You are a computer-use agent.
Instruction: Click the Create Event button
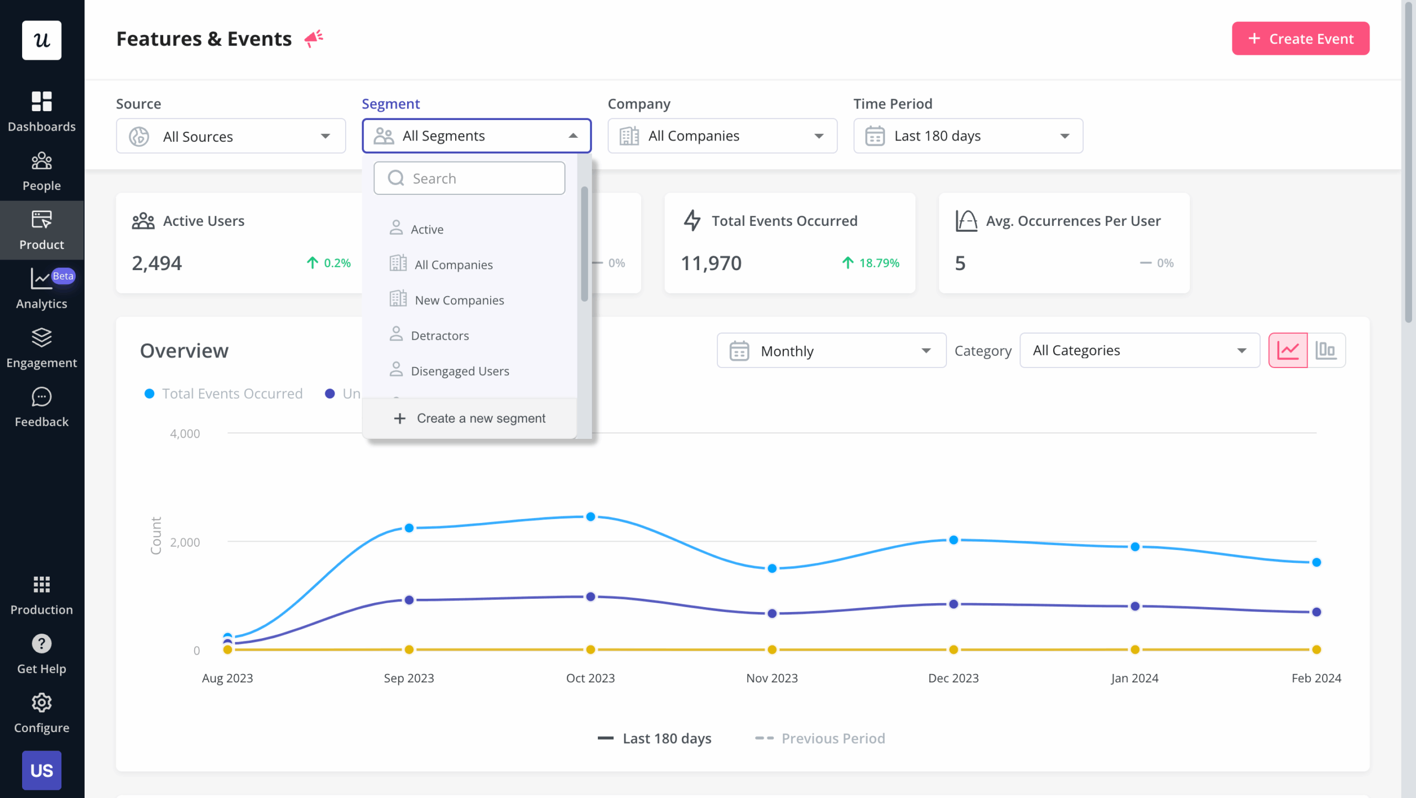(x=1300, y=39)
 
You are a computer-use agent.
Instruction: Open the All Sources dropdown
(x=231, y=136)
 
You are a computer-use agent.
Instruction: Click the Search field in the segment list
(x=470, y=178)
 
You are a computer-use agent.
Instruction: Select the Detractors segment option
(x=440, y=335)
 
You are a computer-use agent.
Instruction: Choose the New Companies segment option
(x=459, y=300)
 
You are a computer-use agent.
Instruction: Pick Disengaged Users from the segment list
(x=460, y=371)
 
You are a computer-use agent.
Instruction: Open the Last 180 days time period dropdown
(x=967, y=136)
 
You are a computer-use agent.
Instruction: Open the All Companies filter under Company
(x=722, y=136)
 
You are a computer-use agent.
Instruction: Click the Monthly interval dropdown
(x=831, y=351)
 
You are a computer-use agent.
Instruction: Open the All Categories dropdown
(x=1139, y=351)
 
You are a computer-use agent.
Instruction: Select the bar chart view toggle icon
(x=1326, y=350)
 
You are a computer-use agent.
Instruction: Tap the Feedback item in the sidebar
(x=41, y=407)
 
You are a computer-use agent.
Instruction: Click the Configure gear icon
(x=41, y=703)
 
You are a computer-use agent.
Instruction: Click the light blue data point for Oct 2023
(x=591, y=517)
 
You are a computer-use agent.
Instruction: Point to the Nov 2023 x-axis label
(x=772, y=678)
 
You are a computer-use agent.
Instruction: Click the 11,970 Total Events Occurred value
(x=711, y=263)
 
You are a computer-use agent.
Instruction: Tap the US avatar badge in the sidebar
(x=41, y=770)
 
